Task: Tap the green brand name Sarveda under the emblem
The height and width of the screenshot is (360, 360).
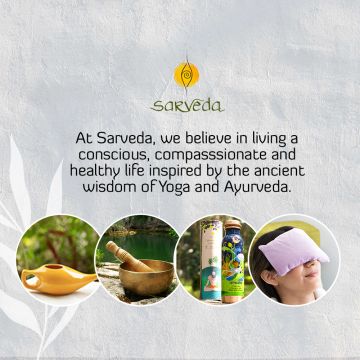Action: [185, 104]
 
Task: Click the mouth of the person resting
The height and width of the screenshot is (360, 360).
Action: [307, 283]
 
